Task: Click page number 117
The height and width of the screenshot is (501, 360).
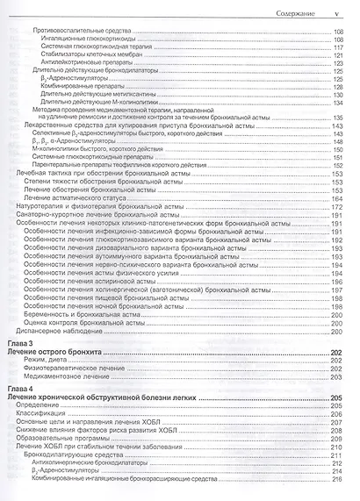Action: (337, 48)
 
